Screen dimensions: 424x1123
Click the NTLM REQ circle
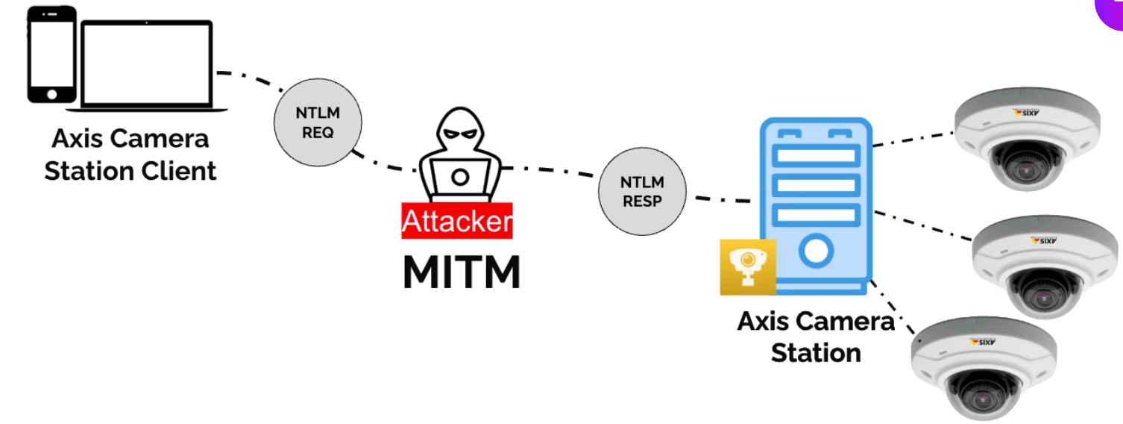[x=318, y=123]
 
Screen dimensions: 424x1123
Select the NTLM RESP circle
[x=642, y=192]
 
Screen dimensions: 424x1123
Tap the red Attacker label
[x=457, y=221]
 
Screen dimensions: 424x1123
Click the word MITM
[x=462, y=273]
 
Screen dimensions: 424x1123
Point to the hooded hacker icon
[x=457, y=153]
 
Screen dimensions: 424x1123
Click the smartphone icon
[x=51, y=55]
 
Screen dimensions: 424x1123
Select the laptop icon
[x=147, y=66]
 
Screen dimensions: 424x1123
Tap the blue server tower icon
[x=815, y=202]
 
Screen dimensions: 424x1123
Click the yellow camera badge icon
[x=747, y=266]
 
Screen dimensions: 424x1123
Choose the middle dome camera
[x=1047, y=264]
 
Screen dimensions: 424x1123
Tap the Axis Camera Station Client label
[x=130, y=155]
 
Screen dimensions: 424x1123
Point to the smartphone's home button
[x=51, y=94]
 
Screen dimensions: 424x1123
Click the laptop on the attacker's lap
[x=460, y=178]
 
